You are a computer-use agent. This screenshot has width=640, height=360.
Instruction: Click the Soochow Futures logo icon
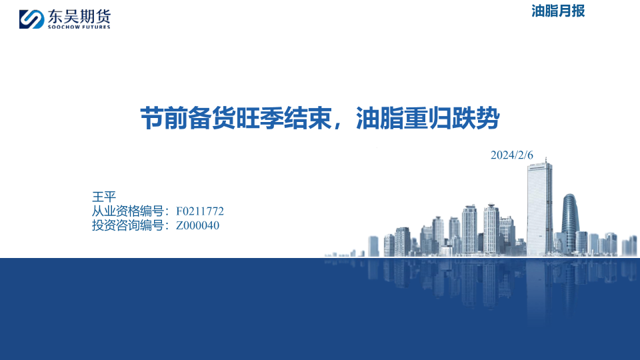point(31,19)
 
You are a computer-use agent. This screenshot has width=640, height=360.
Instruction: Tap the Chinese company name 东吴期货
point(79,16)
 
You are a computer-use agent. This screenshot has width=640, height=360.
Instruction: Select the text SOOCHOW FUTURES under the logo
point(79,27)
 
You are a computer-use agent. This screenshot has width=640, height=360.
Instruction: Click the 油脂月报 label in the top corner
point(558,11)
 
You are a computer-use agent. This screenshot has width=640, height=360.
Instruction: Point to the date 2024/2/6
point(512,155)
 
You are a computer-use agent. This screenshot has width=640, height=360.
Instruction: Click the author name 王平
point(104,197)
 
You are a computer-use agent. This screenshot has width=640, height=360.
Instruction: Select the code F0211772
point(200,211)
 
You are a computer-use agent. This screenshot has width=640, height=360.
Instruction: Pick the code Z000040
point(197,225)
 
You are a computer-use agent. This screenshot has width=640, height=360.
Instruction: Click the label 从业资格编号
point(128,211)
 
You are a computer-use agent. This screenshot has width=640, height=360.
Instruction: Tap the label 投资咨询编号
point(128,225)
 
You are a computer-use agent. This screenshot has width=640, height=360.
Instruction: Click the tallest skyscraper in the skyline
point(539,209)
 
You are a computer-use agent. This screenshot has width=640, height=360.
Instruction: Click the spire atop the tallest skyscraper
point(546,160)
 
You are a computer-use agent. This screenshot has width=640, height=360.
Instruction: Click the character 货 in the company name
point(103,16)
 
